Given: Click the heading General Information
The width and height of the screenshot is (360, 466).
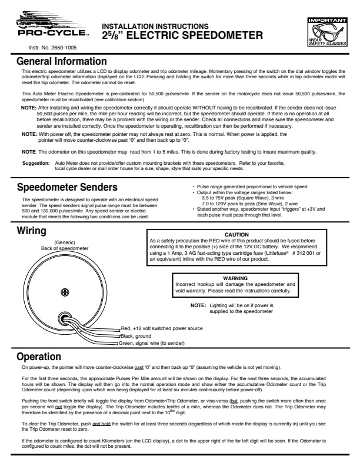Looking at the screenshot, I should coord(61,61).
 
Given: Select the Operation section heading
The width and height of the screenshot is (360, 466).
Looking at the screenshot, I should coord(39,356).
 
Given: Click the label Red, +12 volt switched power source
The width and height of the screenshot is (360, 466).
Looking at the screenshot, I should coord(161,328).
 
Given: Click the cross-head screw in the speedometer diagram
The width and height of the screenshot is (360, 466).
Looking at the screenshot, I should coord(66,293).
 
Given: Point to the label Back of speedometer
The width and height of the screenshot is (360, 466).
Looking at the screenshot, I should coord(65,248).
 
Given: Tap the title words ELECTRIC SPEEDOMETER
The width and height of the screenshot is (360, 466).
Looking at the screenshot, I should coord(195,36).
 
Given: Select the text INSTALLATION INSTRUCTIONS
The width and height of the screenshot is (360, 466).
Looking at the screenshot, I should coord(155,26).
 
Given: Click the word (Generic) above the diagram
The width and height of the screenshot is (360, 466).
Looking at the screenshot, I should coord(65,242).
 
